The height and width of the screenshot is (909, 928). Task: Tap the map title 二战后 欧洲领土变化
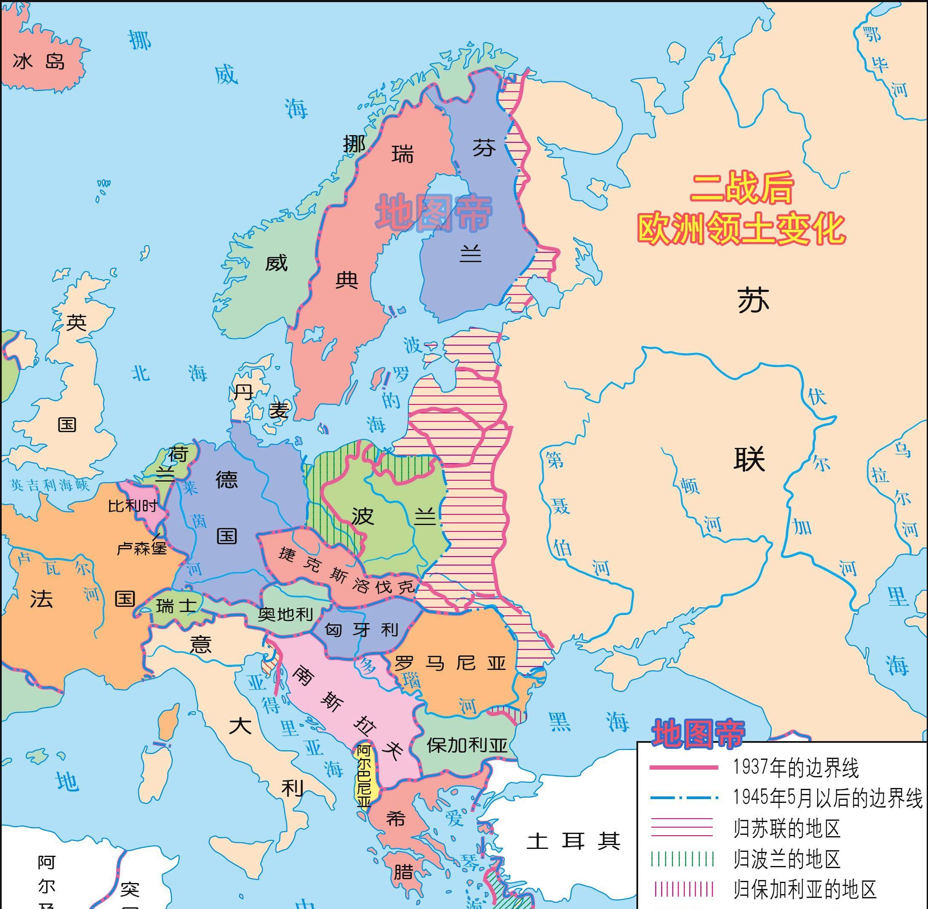(741, 209)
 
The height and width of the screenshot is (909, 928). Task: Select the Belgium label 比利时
(132, 505)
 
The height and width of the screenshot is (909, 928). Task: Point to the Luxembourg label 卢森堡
(142, 548)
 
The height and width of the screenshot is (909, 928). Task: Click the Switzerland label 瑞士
(176, 606)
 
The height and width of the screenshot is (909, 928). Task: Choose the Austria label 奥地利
(285, 614)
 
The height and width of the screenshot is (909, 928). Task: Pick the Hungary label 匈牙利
(361, 630)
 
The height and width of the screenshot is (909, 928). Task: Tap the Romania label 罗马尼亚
(450, 663)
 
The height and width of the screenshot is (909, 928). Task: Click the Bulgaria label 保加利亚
(467, 745)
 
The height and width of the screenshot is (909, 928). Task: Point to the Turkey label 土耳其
(573, 841)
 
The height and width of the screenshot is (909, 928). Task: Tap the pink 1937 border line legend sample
(683, 768)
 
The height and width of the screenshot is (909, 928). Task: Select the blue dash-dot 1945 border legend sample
(683, 797)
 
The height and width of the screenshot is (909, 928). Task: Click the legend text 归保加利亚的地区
(805, 889)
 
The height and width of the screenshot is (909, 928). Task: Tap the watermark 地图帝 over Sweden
(433, 214)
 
